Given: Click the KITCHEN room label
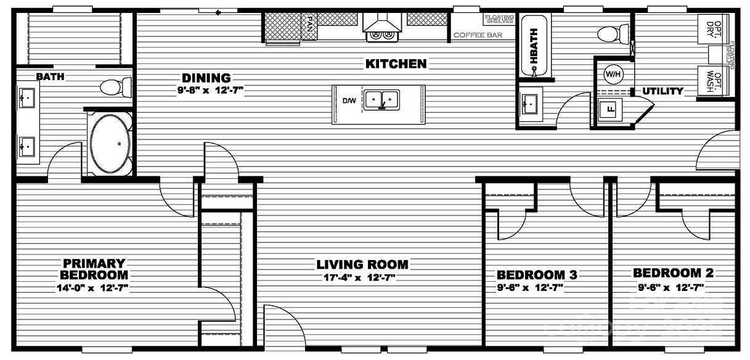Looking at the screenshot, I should click(x=396, y=63).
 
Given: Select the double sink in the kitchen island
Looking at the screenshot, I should click(x=381, y=99).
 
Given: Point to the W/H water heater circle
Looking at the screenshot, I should click(x=612, y=74).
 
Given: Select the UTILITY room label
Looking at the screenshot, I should click(x=663, y=91).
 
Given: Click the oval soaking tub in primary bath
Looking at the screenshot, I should click(x=111, y=144).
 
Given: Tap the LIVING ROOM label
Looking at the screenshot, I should click(x=362, y=264).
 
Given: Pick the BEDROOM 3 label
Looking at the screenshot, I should click(x=536, y=274).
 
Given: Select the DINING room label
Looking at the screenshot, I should click(x=206, y=78).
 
